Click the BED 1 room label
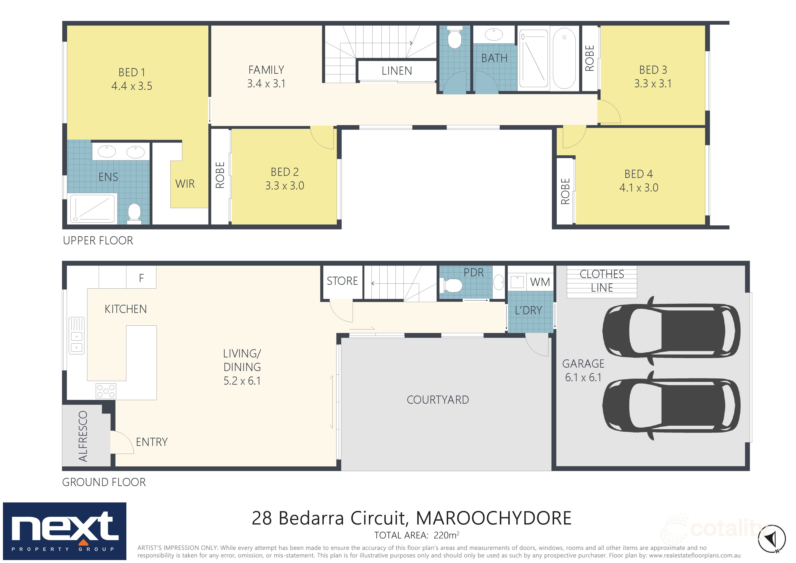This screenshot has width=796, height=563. pos(132,72)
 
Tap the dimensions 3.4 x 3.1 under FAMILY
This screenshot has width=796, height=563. pos(266,84)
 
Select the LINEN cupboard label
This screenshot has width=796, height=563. pos(397,71)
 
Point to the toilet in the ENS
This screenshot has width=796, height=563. pos(134,212)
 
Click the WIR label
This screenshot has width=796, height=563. pos(185,184)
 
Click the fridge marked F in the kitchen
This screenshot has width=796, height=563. pos(141,278)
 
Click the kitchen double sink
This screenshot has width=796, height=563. pos(77,336)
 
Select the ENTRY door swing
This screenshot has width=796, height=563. pos(122,442)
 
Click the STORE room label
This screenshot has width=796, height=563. pos(342,281)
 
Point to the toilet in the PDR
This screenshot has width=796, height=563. pos(452,286)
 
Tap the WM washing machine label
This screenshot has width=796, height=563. pos(540,282)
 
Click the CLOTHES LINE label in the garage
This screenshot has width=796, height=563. pos(602,281)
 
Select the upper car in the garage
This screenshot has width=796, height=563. pos(671,331)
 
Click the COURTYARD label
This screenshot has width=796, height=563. pos(437,400)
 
